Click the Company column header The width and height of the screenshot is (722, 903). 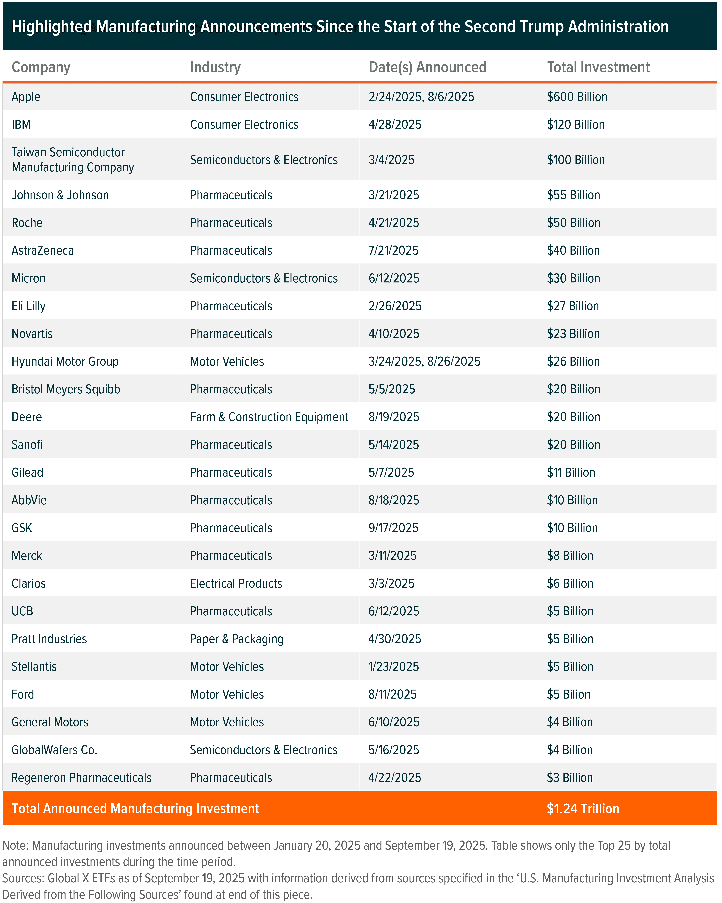click(41, 67)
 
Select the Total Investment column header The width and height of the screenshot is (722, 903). click(598, 67)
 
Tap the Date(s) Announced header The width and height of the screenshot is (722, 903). click(427, 67)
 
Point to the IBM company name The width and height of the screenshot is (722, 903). click(21, 124)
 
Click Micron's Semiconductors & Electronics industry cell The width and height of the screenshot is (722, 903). click(263, 278)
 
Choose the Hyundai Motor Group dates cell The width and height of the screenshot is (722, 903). click(424, 362)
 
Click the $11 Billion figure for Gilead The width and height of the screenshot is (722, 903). click(571, 472)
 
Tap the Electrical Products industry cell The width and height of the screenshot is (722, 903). click(236, 583)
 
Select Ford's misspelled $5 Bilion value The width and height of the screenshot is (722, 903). click(568, 694)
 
